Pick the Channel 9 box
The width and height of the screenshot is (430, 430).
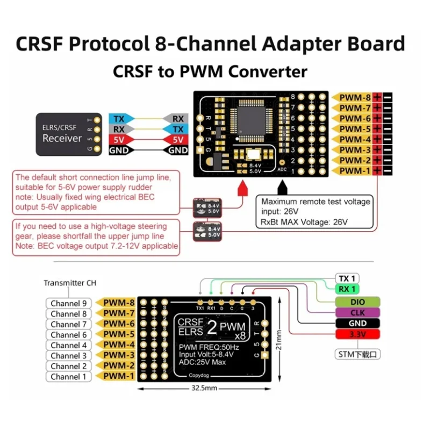(68, 303)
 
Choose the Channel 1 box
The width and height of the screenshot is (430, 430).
(68, 376)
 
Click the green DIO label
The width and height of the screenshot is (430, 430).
(357, 302)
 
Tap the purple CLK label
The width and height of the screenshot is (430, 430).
(357, 312)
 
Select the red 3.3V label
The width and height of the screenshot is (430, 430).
(357, 334)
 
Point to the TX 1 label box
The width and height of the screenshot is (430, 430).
(347, 278)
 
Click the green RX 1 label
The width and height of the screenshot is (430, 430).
(347, 289)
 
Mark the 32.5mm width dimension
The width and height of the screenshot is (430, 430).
(206, 388)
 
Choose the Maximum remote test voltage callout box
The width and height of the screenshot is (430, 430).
(316, 211)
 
